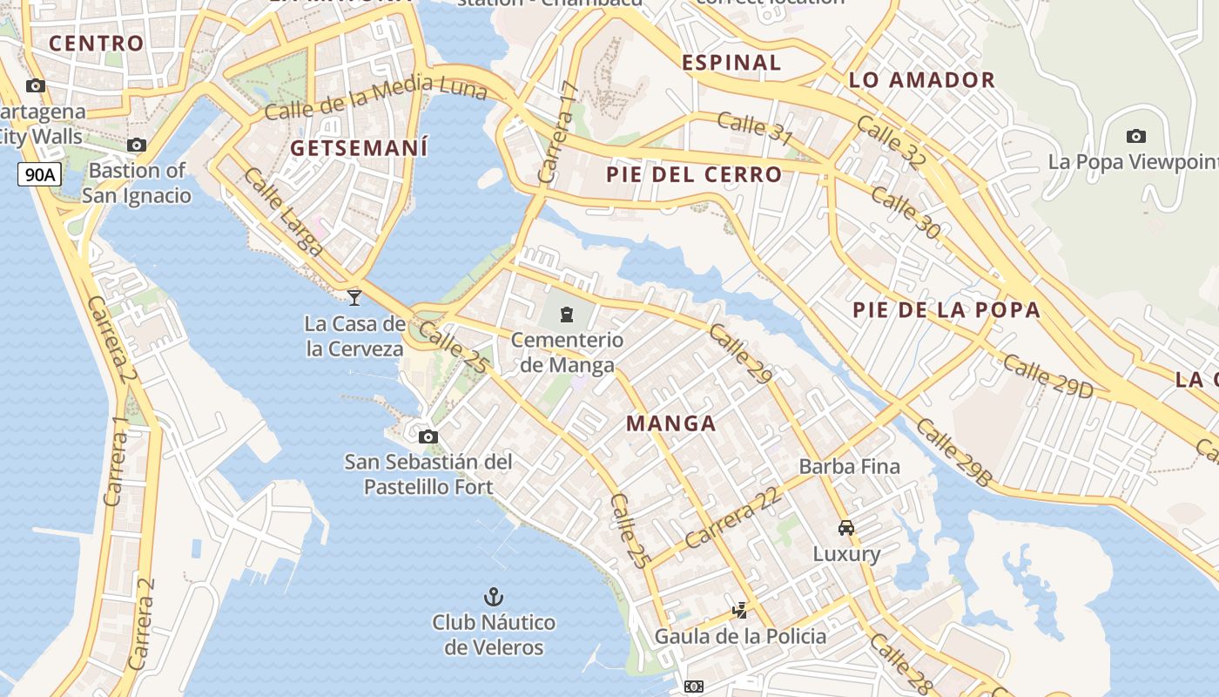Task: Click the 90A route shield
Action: [x=40, y=174]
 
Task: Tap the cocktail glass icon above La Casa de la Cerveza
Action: [x=354, y=298]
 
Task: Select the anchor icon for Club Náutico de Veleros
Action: [x=494, y=597]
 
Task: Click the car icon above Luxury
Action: [x=846, y=528]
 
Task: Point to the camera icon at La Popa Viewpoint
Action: [x=1135, y=136]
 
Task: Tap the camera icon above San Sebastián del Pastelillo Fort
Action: [x=428, y=436]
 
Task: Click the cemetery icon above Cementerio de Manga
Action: [x=567, y=314]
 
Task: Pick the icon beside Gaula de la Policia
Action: [x=740, y=611]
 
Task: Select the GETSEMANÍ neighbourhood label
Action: [x=359, y=148]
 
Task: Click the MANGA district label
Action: [x=671, y=424]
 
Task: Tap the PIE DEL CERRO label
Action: [x=694, y=175]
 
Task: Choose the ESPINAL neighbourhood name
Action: [x=731, y=63]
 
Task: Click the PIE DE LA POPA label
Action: [x=946, y=310]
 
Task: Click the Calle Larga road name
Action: [x=284, y=212]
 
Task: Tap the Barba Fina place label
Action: [x=849, y=466]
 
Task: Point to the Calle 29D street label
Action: [x=1047, y=376]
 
